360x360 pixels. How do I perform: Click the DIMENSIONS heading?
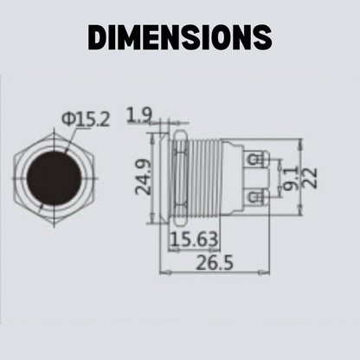pyautogui.click(x=180, y=37)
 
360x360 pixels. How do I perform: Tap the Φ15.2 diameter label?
pyautogui.click(x=86, y=119)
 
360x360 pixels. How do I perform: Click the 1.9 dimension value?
pyautogui.click(x=139, y=115)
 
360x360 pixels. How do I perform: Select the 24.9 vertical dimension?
pyautogui.click(x=144, y=177)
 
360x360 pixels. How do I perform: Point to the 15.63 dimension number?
pyautogui.click(x=194, y=240)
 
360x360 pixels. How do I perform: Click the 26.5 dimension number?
pyautogui.click(x=215, y=263)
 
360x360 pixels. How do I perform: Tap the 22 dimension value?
pyautogui.click(x=310, y=178)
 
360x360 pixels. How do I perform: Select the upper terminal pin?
pyautogui.click(x=257, y=159)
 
